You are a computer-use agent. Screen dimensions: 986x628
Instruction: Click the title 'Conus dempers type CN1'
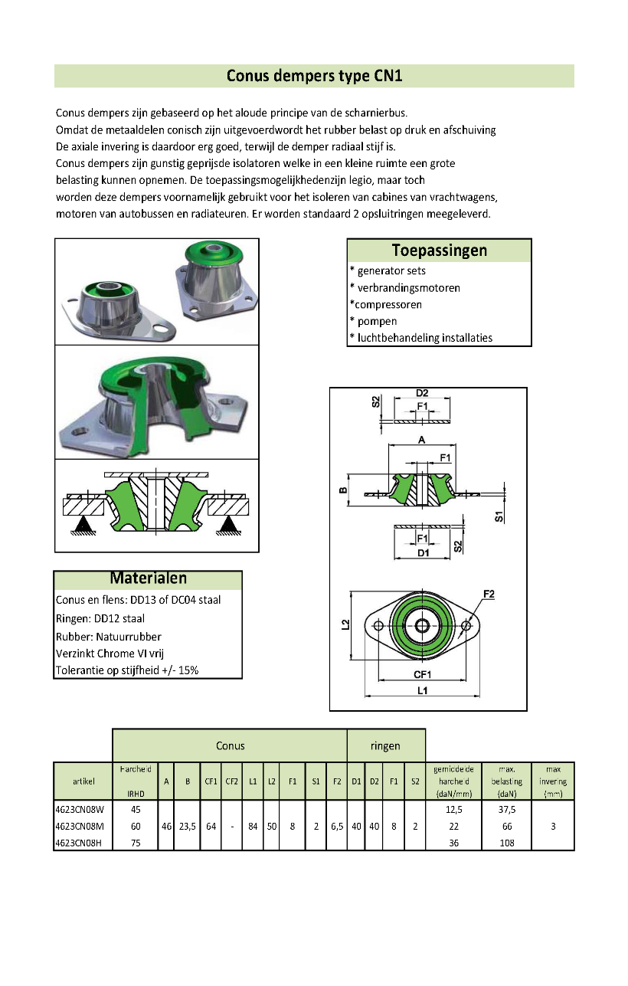314,76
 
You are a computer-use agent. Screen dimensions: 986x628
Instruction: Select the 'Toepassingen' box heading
439,251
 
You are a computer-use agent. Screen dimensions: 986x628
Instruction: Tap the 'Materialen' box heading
148,579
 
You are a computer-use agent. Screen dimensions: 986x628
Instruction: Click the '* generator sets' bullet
388,270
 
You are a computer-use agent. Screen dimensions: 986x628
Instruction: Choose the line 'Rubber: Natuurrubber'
109,637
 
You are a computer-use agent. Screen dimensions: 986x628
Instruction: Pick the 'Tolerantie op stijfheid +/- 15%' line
127,671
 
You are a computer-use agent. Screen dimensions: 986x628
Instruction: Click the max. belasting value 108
506,844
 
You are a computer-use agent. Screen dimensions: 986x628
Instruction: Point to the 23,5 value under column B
187,827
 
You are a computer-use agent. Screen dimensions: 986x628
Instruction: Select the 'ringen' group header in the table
385,745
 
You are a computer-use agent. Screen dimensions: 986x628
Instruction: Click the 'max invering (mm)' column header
552,781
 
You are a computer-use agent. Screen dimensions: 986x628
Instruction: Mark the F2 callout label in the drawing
489,595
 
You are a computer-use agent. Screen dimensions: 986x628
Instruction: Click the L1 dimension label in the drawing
422,690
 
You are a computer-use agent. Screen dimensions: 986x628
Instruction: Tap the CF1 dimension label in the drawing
422,674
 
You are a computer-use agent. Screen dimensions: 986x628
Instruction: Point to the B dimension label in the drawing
343,490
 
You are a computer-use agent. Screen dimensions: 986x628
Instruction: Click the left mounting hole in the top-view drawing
377,626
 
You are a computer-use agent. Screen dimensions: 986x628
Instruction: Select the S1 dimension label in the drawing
499,516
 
